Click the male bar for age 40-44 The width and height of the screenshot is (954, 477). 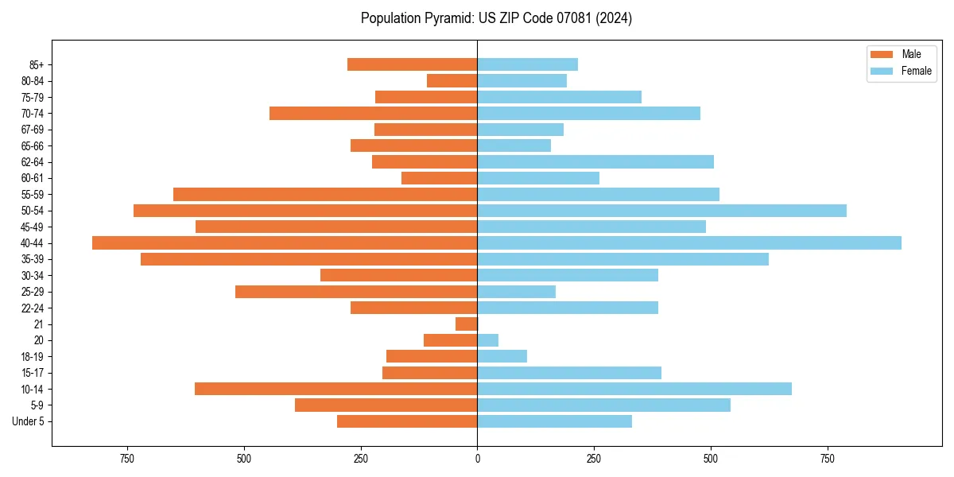click(x=285, y=243)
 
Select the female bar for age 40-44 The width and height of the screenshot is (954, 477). click(x=689, y=243)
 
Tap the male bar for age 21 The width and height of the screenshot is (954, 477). click(x=467, y=324)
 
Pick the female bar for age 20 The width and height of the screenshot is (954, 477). click(x=488, y=340)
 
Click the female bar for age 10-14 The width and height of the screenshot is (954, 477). click(x=634, y=389)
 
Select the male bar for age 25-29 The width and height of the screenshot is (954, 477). click(x=356, y=292)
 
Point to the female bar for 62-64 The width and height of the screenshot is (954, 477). click(x=595, y=162)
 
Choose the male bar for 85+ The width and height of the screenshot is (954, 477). click(x=413, y=64)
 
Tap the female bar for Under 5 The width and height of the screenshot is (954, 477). click(x=555, y=421)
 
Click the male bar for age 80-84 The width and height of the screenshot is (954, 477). click(x=452, y=81)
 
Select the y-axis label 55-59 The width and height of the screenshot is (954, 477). click(x=31, y=195)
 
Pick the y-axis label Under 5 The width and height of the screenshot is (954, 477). click(x=28, y=421)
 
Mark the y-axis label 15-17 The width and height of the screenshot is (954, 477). click(x=31, y=373)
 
